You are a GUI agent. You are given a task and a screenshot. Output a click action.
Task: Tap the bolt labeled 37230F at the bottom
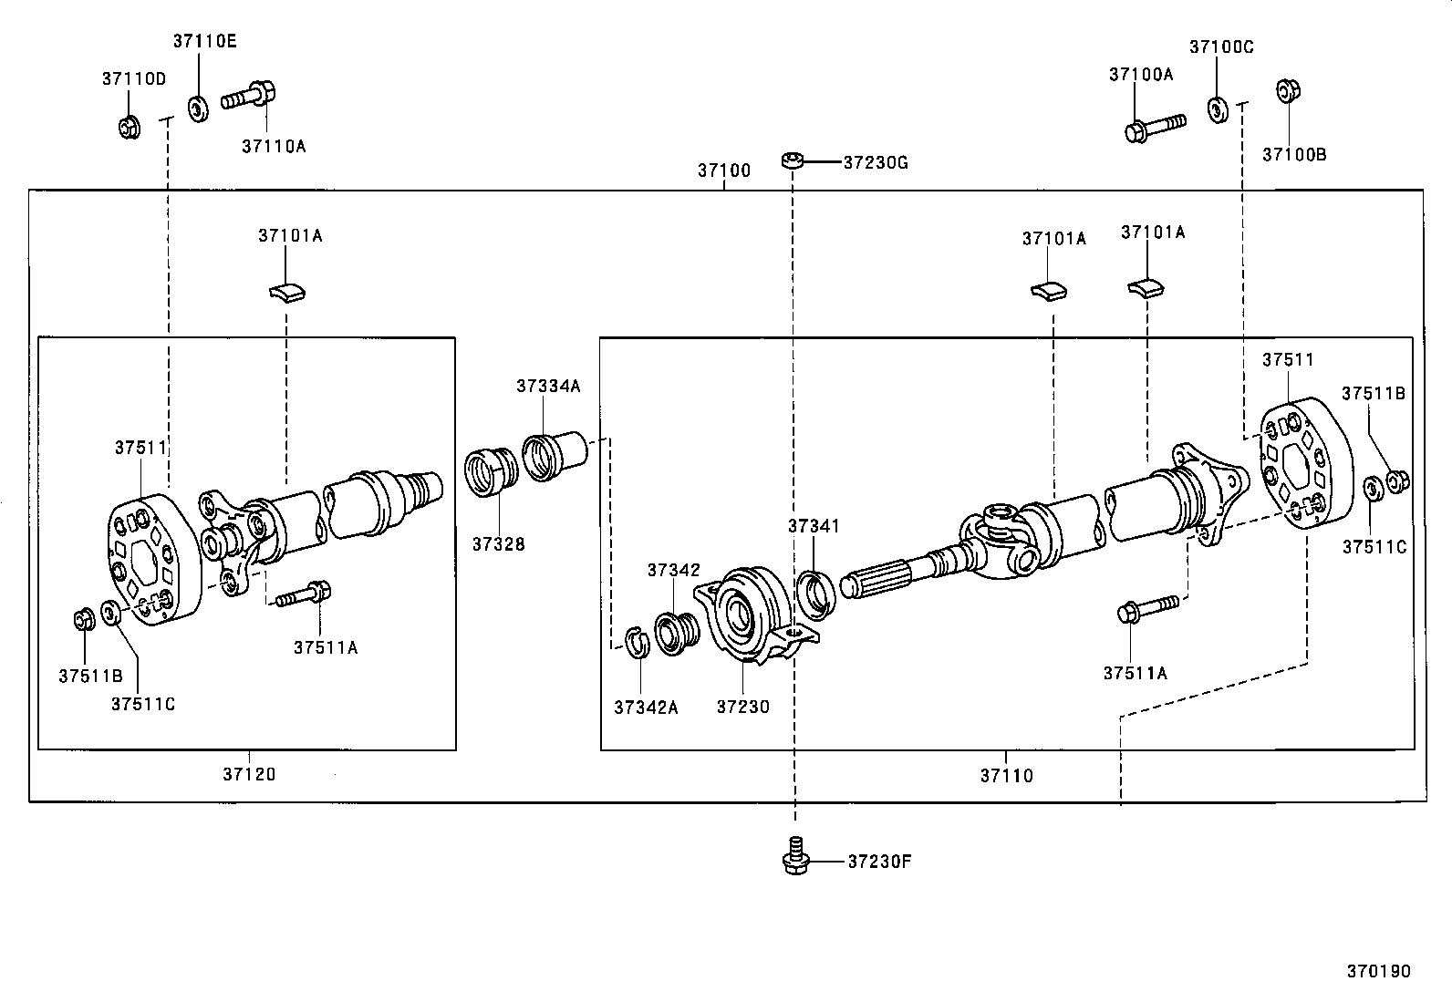pos(796,858)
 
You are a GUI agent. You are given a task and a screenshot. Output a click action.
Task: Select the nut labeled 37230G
pos(792,161)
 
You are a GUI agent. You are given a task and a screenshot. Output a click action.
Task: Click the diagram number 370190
pos(1378,971)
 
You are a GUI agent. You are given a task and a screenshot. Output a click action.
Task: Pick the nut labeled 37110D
pos(129,126)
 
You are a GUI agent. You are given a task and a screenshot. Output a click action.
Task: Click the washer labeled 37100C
pos(1217,109)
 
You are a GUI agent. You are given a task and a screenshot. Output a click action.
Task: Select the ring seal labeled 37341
pos(814,591)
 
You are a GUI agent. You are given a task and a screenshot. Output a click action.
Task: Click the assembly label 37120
pos(248,775)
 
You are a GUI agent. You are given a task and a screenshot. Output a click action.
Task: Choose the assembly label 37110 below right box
pos(1006,776)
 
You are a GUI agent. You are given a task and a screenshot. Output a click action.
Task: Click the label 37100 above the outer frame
pos(724,170)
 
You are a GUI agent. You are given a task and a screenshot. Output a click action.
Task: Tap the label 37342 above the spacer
pos(673,570)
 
